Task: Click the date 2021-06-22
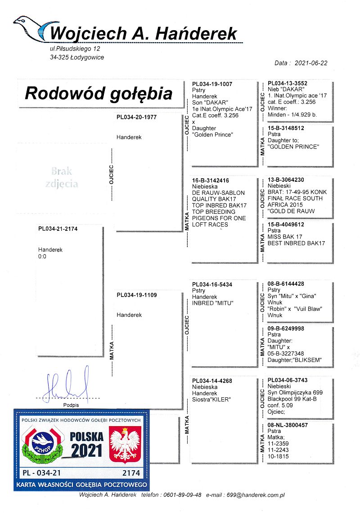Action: coord(311,63)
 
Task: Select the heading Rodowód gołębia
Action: coord(99,94)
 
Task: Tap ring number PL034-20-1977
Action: coord(136,117)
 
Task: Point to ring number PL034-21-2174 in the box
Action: coord(58,229)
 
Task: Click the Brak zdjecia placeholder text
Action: coord(62,177)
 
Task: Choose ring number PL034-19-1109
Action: coord(136,295)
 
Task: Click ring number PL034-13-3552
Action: coord(288,84)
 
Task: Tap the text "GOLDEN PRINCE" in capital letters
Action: coord(293,147)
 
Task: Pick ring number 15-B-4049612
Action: coord(286,225)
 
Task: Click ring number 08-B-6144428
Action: coord(286,284)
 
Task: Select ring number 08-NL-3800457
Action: coord(288,425)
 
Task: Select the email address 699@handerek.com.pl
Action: coord(256,495)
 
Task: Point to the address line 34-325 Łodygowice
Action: coord(77,57)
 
